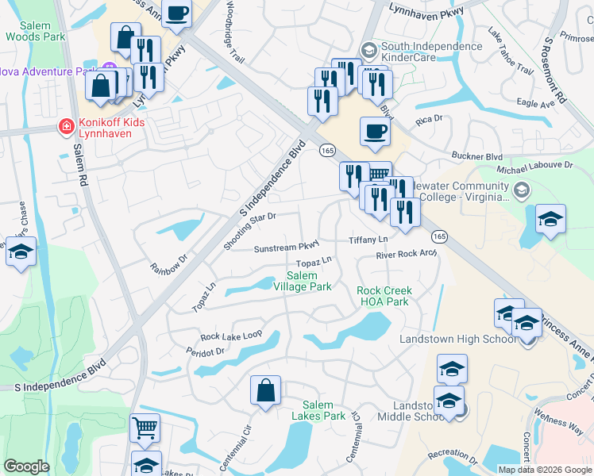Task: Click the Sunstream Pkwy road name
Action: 286,248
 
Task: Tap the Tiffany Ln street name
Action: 368,240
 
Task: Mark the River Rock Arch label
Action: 407,255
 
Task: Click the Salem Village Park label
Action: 308,281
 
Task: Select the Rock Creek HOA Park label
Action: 384,296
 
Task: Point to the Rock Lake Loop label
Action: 231,336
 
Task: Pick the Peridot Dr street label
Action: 205,351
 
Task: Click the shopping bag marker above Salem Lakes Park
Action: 265,390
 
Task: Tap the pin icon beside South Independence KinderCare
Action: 368,49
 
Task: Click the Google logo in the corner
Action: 26,466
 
